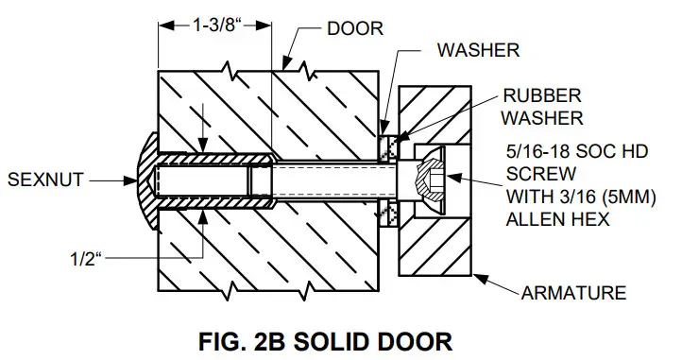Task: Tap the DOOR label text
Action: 354,29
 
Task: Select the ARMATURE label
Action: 572,293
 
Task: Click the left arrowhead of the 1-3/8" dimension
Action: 162,26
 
